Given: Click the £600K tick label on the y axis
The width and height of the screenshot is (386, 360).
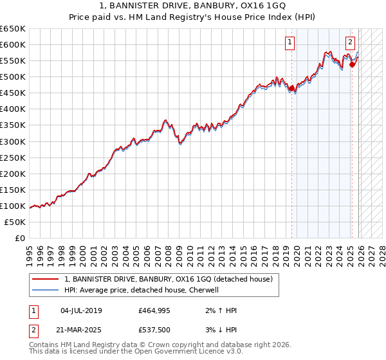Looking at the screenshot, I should (13, 44).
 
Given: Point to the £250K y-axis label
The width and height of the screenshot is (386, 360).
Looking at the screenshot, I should (13, 157).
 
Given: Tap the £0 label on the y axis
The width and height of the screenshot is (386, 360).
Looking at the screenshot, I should (20, 238).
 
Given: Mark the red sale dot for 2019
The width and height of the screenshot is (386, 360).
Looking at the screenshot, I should (291, 88).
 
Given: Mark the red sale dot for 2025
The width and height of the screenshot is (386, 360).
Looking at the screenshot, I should (352, 64).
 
